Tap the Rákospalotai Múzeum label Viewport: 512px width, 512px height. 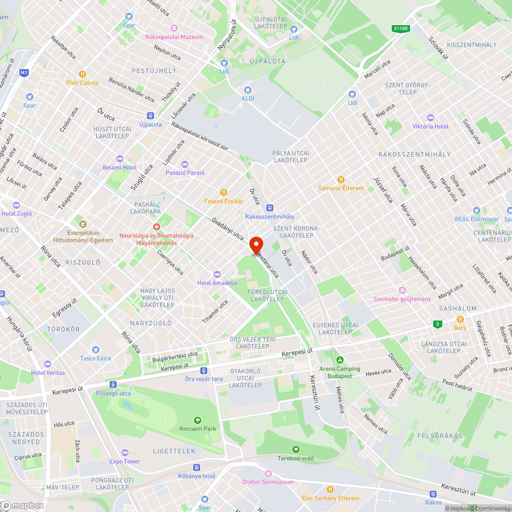click(174, 37)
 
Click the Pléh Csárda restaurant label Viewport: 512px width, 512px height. click(82, 82)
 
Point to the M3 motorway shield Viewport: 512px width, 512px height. click(24, 73)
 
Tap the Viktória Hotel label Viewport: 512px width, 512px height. click(431, 126)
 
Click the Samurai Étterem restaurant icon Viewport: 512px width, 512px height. click(341, 180)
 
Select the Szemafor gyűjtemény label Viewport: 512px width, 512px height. click(402, 299)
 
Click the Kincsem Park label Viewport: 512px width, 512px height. click(198, 429)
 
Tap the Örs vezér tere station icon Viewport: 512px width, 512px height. click(204, 370)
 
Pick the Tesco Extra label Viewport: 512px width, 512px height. click(95, 358)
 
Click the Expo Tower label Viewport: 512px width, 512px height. click(124, 461)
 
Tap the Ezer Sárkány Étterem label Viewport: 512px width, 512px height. click(330, 498)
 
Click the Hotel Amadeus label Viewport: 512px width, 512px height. click(217, 283)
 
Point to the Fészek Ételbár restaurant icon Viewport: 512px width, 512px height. click(224, 193)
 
